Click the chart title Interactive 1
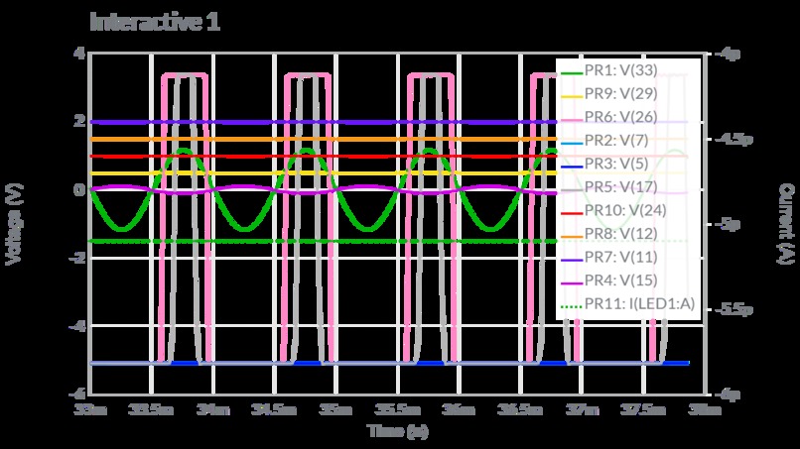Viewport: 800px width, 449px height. (155, 22)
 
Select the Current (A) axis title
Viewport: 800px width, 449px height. (784, 222)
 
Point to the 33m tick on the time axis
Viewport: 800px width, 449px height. (90, 408)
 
